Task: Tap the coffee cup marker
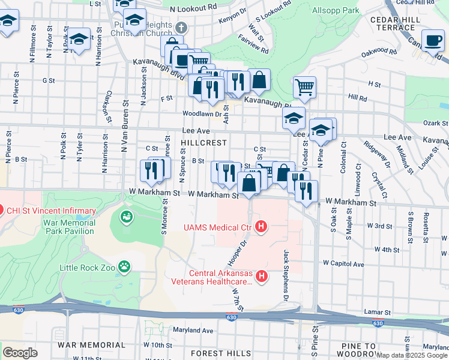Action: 432,41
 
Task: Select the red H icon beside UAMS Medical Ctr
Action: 261,227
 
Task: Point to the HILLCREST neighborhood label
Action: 204,143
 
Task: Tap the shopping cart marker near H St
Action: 304,87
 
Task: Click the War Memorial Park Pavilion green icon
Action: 127,217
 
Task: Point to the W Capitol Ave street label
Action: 343,263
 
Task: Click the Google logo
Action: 20,352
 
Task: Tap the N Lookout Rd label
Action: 193,10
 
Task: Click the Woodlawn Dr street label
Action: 202,113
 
